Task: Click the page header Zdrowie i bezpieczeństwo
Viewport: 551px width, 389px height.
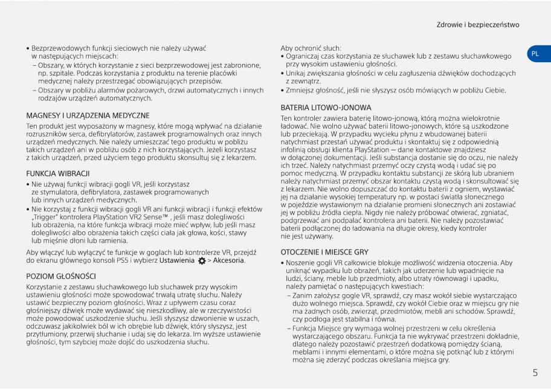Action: click(478, 25)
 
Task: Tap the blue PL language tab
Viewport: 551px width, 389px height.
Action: click(535, 54)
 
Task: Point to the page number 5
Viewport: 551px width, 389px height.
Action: click(535, 373)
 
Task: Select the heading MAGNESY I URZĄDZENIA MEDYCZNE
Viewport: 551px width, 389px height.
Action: click(88, 115)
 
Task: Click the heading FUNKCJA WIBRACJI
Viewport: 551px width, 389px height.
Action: click(58, 173)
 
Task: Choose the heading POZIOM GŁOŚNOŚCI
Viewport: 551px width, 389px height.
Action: click(61, 276)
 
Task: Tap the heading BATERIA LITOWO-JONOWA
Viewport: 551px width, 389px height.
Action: click(326, 108)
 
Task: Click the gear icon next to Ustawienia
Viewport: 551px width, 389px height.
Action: click(201, 261)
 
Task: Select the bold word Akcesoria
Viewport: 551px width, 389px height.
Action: click(228, 260)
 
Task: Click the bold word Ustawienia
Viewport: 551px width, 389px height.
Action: click(178, 260)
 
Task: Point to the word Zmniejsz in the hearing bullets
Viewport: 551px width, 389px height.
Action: click(301, 90)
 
